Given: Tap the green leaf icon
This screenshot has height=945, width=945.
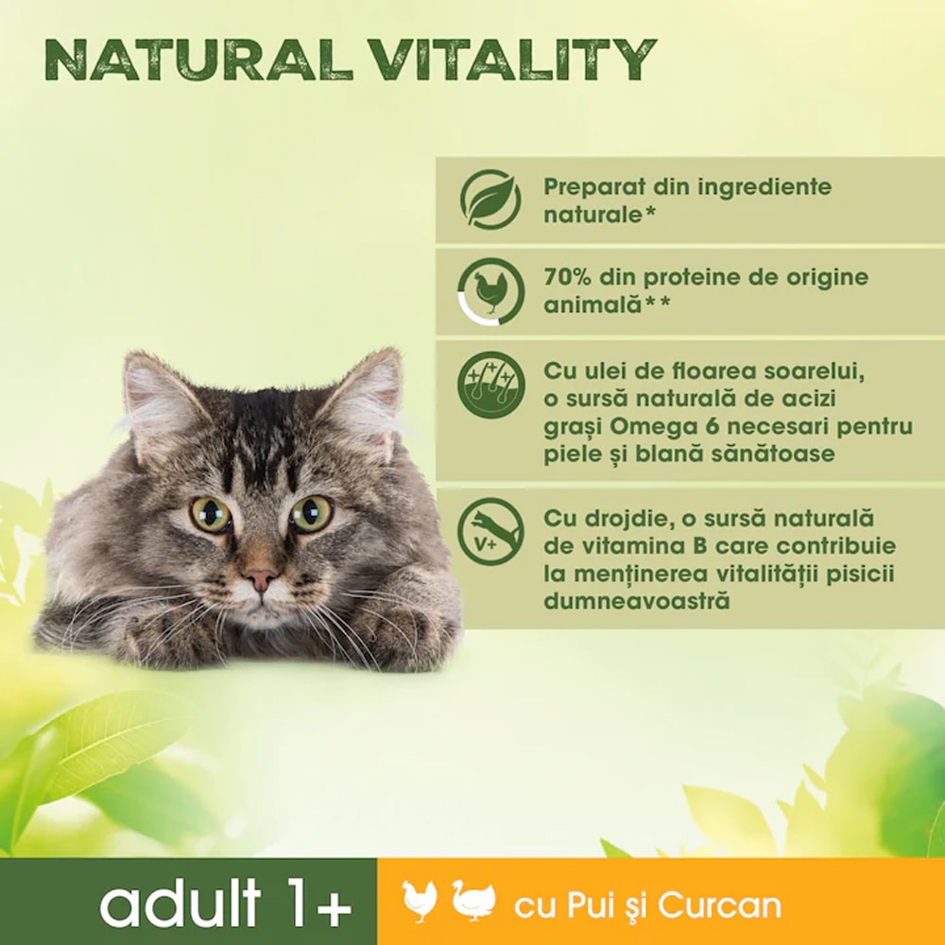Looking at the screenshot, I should [x=490, y=199].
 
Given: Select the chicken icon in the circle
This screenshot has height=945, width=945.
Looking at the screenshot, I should [x=490, y=292].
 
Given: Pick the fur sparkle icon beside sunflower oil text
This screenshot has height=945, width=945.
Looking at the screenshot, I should [x=490, y=385].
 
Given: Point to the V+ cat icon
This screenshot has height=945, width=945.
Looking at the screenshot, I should [x=490, y=532].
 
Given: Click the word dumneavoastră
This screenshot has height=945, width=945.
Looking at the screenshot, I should [x=637, y=601].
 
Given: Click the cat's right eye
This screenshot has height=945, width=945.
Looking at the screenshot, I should [x=311, y=513].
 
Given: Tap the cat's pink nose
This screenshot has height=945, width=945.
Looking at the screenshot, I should [x=260, y=577].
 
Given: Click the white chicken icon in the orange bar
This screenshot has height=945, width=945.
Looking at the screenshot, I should [x=420, y=902].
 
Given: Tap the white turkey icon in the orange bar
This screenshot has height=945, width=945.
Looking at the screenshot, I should [x=473, y=902].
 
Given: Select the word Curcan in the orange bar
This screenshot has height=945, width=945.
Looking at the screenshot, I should [x=720, y=905].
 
